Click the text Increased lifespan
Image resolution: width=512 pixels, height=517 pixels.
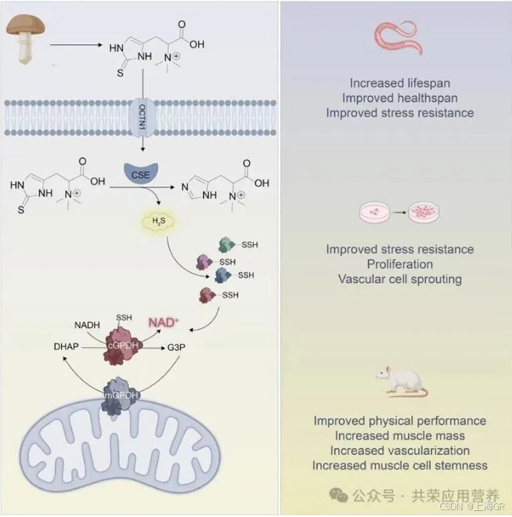(400, 83)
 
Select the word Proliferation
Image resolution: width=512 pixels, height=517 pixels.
(400, 264)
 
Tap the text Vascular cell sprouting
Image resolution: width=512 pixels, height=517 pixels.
(400, 278)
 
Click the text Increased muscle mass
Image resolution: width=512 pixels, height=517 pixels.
(400, 436)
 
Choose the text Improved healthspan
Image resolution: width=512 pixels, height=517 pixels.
(400, 97)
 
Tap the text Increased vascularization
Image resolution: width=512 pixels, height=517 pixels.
(400, 450)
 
